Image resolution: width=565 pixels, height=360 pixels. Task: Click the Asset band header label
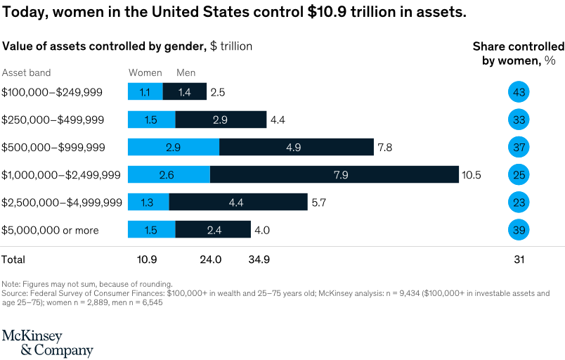coord(26,73)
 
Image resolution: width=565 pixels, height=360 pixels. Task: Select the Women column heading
coord(145,73)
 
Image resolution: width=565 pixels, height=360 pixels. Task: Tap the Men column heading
coord(186,73)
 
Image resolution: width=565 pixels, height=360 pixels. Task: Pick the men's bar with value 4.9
coord(296,147)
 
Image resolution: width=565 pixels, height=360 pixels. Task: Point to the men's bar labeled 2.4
coord(213,230)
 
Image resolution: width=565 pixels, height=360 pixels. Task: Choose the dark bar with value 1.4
coord(185,92)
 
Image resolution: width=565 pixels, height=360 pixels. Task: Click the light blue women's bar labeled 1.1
coord(145,92)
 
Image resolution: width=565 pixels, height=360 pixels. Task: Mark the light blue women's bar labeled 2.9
coord(173,147)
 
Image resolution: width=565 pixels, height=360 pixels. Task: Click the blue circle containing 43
coord(519,92)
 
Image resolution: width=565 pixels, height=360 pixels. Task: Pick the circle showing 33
coord(519,120)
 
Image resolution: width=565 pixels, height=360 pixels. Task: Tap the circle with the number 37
coord(519,147)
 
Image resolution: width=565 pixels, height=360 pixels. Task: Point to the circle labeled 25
coord(519,174)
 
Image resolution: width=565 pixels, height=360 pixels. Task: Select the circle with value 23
coord(519,202)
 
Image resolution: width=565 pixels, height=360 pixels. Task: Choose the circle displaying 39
coord(519,230)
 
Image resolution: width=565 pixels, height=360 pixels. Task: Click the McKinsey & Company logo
coord(47,342)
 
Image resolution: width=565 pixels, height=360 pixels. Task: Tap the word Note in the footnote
coord(11,283)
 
